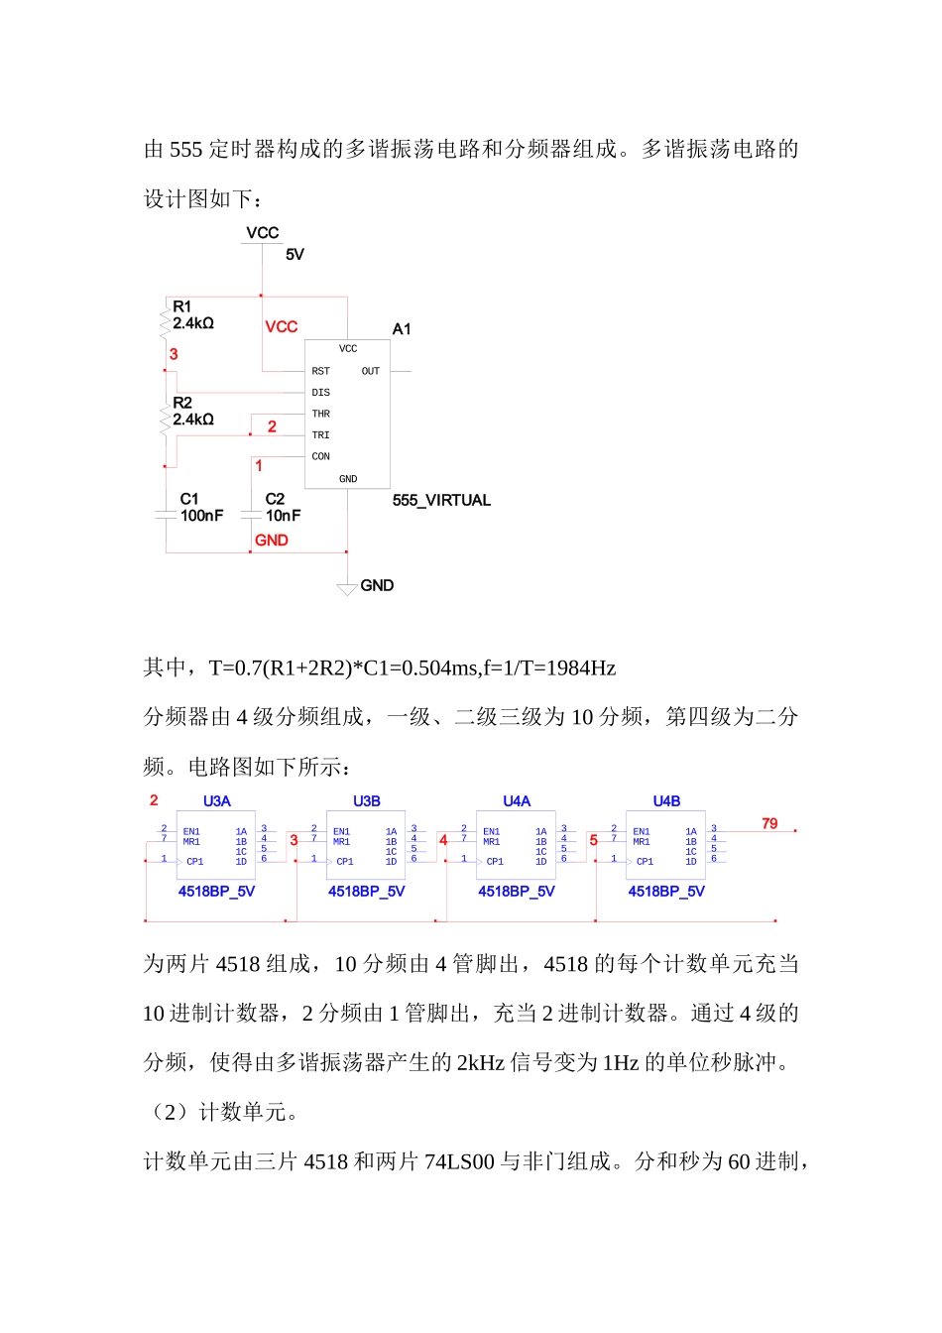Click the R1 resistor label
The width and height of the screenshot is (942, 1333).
181,306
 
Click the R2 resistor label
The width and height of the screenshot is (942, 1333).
181,403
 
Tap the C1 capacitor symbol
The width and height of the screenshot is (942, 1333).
166,515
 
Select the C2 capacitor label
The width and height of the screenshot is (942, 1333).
275,499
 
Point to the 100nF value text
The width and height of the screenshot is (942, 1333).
201,516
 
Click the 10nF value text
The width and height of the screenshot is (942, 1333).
283,516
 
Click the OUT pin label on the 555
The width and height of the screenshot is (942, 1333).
370,371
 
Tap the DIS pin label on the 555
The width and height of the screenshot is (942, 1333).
320,393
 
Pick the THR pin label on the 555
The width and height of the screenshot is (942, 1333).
320,414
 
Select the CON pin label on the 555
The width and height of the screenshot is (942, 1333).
320,457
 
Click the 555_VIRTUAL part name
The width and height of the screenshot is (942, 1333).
441,500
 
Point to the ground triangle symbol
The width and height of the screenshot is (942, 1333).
347,590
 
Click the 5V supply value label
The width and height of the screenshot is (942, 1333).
294,255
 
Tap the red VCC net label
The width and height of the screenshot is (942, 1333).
281,326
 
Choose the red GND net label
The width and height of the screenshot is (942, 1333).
271,541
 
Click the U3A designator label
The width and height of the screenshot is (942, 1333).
216,801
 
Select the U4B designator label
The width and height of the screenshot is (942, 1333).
666,801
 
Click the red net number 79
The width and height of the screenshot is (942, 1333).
769,823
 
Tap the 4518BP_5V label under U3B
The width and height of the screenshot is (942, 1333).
366,892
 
